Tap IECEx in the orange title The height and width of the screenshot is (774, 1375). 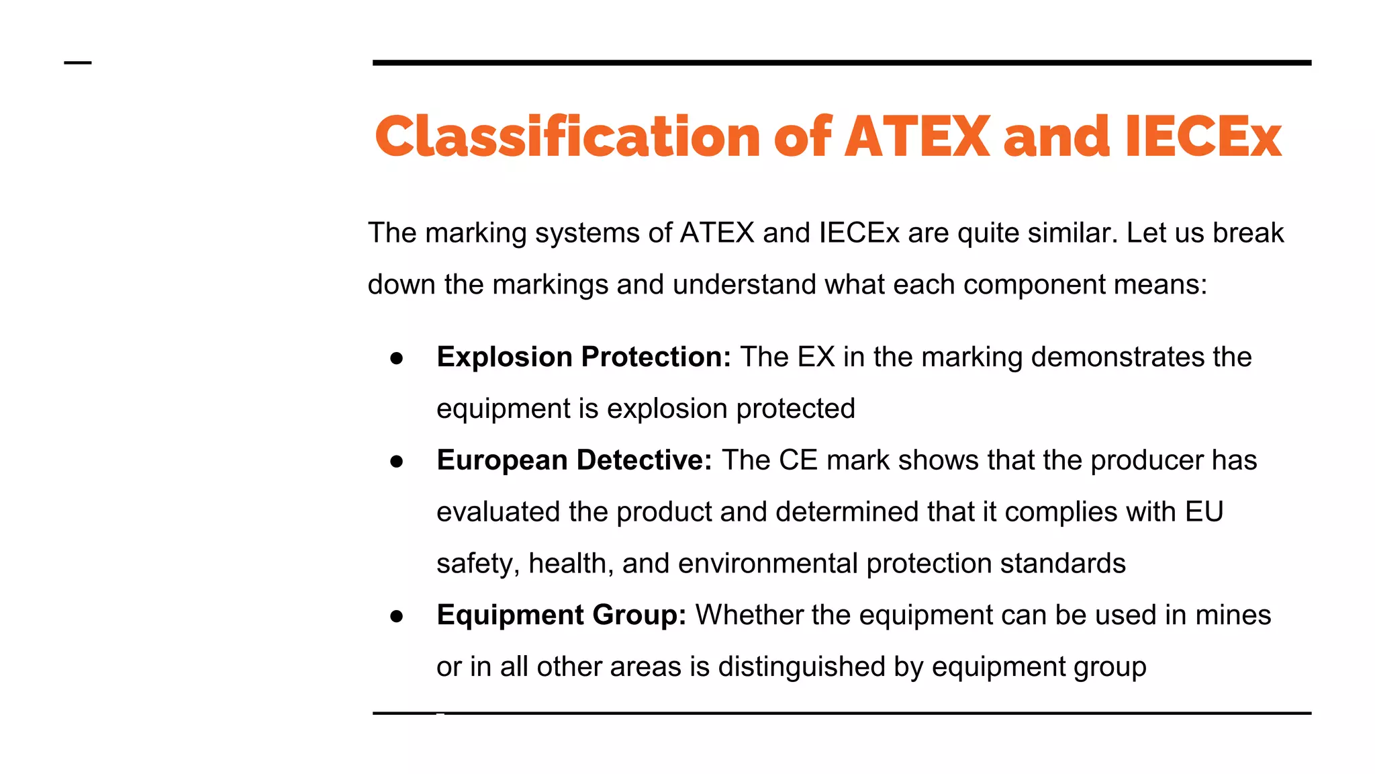pos(1204,137)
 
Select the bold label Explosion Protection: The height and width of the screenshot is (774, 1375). pos(583,357)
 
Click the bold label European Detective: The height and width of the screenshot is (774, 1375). pos(574,460)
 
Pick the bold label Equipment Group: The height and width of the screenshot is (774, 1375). pos(561,615)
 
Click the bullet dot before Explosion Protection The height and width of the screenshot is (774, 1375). pos(396,358)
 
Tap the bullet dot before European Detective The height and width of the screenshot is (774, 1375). pos(396,462)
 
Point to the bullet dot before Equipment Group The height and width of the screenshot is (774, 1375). pos(396,616)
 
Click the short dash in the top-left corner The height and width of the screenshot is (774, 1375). pos(78,63)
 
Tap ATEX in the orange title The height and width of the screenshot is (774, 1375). pos(917,137)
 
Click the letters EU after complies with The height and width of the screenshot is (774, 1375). pos(1204,512)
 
